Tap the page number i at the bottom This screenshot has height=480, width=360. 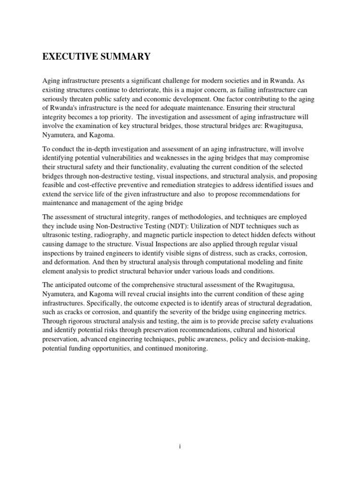180,447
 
